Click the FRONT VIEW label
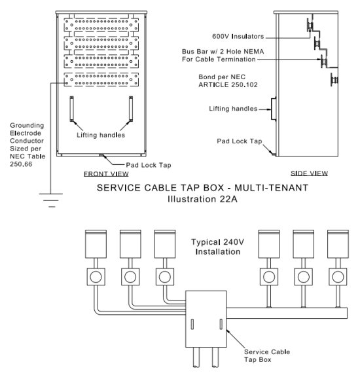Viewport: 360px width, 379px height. click(106, 173)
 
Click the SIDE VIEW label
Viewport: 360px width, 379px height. click(309, 173)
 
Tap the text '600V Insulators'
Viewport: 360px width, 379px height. click(238, 36)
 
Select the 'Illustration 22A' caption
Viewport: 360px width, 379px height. click(202, 199)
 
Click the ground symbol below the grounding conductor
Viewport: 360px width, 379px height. click(51, 200)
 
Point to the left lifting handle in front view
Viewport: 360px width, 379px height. click(72, 109)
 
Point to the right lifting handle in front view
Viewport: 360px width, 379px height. click(131, 109)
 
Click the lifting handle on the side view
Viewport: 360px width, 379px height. click(274, 109)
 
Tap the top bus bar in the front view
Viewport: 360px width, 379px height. click(101, 25)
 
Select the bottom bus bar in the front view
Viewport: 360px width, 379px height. click(101, 80)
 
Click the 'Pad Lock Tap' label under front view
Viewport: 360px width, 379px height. click(149, 165)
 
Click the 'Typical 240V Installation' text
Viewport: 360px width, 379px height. click(218, 247)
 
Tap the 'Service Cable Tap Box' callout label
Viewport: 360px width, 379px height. click(267, 355)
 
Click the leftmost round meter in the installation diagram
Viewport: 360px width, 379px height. click(96, 277)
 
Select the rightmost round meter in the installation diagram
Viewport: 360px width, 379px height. click(338, 277)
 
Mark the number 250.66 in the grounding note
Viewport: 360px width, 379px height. click(21, 164)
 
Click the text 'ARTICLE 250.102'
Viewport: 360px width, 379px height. click(228, 84)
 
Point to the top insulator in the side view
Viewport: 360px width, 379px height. click(310, 25)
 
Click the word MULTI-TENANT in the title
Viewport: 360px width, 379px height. click(271, 188)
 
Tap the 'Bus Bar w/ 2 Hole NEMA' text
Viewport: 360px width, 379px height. click(223, 52)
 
